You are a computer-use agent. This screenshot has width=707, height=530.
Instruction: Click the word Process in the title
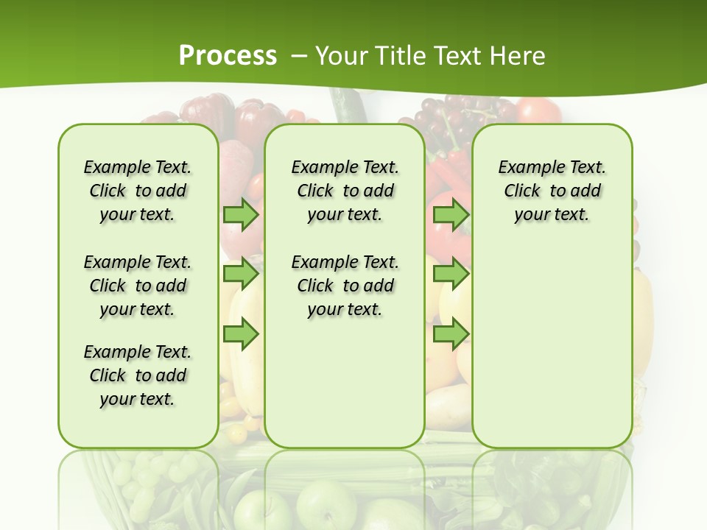click(x=228, y=55)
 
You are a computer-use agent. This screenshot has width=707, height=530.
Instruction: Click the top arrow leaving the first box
click(x=241, y=214)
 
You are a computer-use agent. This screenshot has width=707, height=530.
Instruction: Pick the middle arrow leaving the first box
click(x=241, y=274)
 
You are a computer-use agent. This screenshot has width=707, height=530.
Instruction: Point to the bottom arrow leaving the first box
click(x=241, y=334)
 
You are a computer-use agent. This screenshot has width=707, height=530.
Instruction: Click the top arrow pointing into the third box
click(x=451, y=214)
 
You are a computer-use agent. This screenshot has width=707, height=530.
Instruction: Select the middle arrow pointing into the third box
click(x=451, y=274)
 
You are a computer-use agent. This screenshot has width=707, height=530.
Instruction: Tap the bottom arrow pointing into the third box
click(x=451, y=334)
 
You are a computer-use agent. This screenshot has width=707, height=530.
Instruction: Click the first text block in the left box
click(x=138, y=191)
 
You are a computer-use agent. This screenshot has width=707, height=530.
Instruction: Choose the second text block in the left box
click(x=138, y=286)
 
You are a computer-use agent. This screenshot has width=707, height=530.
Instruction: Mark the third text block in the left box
click(x=138, y=375)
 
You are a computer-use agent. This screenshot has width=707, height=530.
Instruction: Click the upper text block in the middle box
click(x=345, y=191)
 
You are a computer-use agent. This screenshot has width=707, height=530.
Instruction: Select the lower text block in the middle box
click(x=345, y=286)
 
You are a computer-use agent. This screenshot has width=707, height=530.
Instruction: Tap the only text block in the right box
click(x=552, y=191)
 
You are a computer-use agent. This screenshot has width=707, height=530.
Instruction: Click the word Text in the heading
click(x=460, y=55)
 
